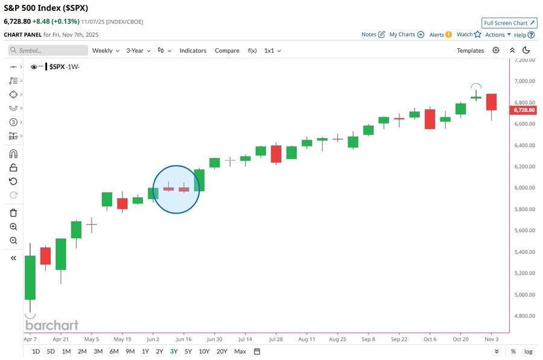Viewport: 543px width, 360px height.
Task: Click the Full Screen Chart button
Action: tap(509, 23)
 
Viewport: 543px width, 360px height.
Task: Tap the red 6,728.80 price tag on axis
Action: tap(524, 110)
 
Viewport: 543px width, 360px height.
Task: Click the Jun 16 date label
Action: tap(183, 339)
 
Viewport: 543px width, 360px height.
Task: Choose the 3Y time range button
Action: tap(174, 352)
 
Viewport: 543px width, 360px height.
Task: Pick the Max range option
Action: tap(240, 352)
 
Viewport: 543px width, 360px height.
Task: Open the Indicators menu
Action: tap(192, 51)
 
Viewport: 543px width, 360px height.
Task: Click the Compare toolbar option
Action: tap(227, 51)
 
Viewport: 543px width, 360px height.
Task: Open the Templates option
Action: tap(470, 51)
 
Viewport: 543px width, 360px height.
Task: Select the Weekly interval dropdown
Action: tap(105, 51)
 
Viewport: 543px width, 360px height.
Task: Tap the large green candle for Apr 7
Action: tap(30, 277)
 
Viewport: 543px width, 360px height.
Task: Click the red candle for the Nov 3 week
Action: tap(492, 102)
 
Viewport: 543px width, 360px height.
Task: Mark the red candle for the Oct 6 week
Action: tap(430, 119)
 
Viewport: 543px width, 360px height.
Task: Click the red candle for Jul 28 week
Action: tap(276, 154)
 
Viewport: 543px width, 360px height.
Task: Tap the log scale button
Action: tap(529, 352)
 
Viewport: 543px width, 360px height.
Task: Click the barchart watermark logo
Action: tap(52, 326)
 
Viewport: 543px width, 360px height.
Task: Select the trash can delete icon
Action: tap(13, 213)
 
